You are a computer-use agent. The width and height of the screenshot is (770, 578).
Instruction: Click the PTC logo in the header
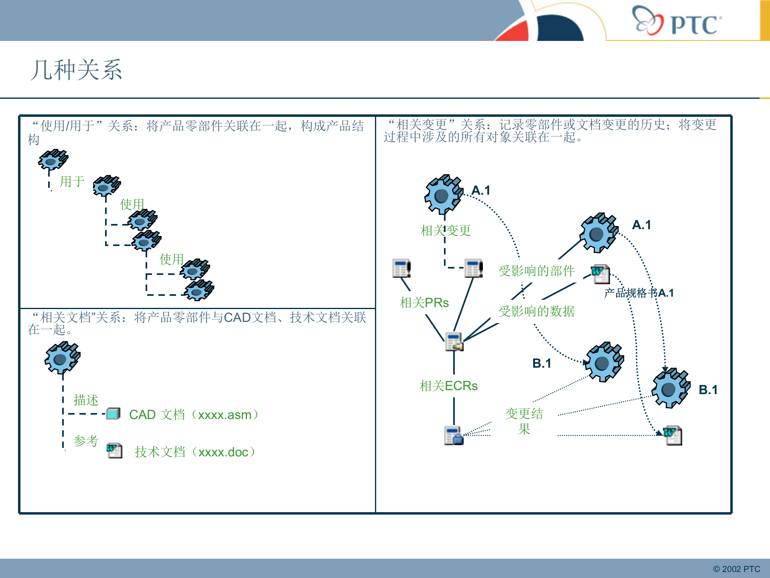677,21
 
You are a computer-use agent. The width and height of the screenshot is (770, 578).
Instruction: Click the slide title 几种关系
76,70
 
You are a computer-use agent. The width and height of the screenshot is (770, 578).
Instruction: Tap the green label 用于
72,181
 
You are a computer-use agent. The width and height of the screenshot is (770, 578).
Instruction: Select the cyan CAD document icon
113,413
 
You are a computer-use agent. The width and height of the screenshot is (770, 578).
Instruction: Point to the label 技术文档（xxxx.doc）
195,452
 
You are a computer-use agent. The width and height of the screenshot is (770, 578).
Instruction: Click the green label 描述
86,400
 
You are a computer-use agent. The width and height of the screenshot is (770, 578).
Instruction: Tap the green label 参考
86,441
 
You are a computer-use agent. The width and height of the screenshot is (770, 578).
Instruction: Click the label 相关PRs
424,303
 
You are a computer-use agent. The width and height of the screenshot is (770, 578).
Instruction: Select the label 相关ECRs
448,386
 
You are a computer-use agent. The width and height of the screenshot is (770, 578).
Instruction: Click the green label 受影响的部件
536,271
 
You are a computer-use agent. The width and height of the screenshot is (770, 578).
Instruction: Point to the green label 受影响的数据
536,311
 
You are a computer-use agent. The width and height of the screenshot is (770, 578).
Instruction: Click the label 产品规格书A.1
638,293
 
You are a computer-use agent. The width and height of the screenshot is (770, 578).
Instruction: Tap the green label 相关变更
446,230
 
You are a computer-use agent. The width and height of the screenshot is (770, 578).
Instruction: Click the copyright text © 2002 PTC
736,569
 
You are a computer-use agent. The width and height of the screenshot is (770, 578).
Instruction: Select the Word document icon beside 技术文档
114,450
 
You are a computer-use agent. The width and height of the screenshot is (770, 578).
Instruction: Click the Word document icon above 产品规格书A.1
600,274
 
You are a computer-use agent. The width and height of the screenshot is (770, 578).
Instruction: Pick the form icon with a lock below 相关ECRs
454,436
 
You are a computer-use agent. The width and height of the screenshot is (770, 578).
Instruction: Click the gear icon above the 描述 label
62,357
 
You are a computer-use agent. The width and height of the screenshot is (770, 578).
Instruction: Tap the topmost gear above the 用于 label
53,159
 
